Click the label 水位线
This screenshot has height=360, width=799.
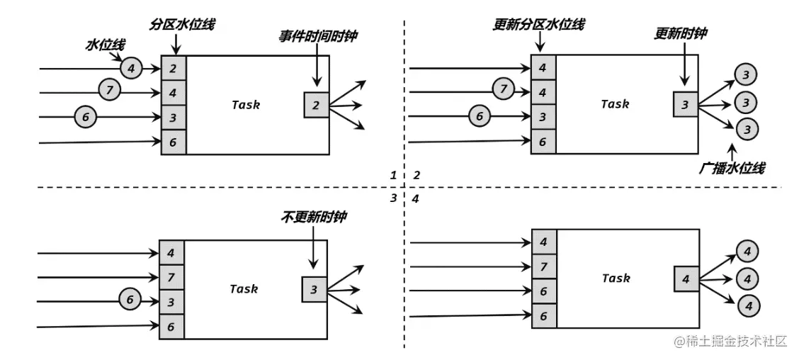101,45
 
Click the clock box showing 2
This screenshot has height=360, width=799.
316,105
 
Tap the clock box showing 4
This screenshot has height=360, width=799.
685,279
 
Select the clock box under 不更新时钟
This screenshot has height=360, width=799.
314,288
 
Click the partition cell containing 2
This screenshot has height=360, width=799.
173,69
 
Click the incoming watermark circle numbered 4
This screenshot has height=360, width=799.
131,68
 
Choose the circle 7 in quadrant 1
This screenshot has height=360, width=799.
110,91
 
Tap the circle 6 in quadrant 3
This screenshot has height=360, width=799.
130,300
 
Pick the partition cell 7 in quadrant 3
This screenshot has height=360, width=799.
171,276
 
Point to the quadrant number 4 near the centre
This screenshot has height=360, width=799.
416,199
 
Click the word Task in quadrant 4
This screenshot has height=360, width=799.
616,279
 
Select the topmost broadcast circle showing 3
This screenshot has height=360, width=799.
745,74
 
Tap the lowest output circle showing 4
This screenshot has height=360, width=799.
747,305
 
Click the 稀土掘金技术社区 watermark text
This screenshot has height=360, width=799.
731,342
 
